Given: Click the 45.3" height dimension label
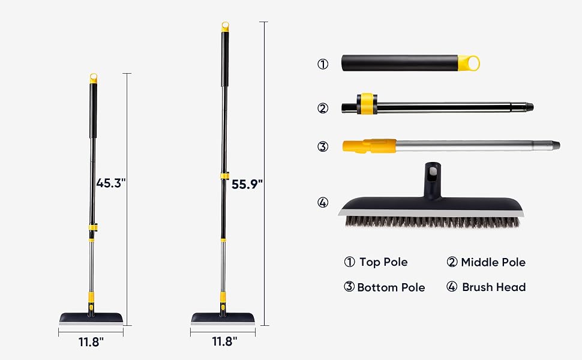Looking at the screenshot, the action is [111, 183].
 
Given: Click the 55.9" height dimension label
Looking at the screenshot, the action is [247, 184].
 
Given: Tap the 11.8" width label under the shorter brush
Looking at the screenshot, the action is [91, 342].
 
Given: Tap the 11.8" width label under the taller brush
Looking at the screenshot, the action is [224, 341].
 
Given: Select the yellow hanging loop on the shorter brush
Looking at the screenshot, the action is [94, 79].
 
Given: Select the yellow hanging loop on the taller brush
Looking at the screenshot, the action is [226, 27].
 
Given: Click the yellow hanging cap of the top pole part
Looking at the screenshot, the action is [469, 63].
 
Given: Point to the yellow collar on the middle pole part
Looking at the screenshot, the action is [367, 104].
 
